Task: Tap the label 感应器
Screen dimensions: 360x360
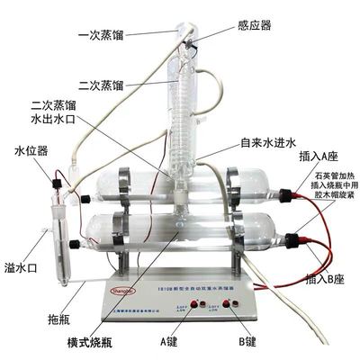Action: tap(253, 27)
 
